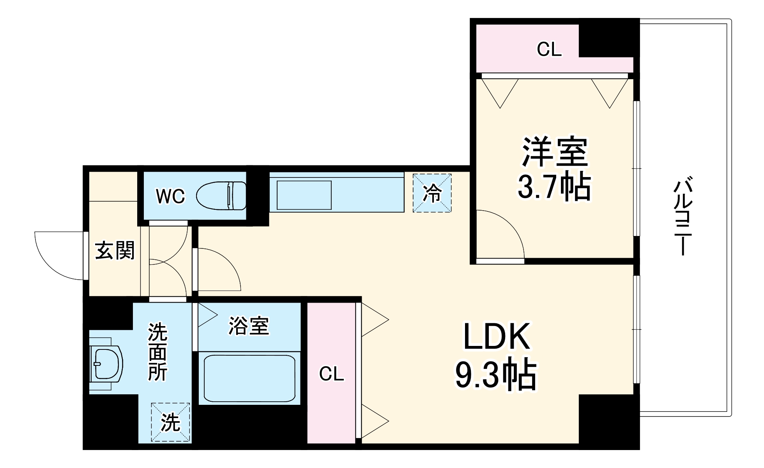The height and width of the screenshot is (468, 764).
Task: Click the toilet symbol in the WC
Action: (221, 196)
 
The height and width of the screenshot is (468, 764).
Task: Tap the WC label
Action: (170, 197)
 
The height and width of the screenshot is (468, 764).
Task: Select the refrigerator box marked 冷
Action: (432, 193)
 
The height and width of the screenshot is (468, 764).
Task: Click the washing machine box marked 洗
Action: (171, 422)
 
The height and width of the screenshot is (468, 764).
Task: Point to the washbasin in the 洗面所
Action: (105, 364)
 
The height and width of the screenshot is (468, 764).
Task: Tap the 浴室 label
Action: (249, 326)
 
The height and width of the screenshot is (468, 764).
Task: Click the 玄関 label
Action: (115, 250)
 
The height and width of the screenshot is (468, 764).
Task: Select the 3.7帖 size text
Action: (554, 188)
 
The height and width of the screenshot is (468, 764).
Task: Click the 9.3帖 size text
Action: (496, 376)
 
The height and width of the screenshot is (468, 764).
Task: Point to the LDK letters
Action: (496, 337)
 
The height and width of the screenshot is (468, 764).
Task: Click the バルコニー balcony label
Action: (683, 216)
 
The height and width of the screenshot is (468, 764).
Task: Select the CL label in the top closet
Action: (549, 50)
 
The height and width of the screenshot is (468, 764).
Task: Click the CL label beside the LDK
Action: (331, 374)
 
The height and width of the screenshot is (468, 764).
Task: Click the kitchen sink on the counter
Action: (304, 195)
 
